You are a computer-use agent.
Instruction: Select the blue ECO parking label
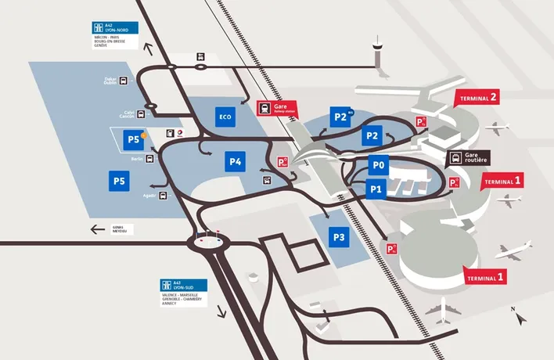[x=225, y=117]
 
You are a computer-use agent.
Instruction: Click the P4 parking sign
[x=236, y=162]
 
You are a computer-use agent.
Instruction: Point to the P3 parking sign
[x=338, y=237]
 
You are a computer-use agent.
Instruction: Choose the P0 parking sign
[x=379, y=165]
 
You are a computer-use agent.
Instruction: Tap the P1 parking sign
[x=376, y=189]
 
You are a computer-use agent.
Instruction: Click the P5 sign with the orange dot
[x=134, y=139]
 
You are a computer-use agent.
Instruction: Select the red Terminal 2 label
[x=477, y=99]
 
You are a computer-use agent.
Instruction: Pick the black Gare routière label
[x=469, y=159]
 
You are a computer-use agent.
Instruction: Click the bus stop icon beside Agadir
[x=164, y=194]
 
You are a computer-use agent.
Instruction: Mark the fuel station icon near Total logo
[x=170, y=134]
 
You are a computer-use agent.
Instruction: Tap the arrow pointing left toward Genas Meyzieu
[x=98, y=229]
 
